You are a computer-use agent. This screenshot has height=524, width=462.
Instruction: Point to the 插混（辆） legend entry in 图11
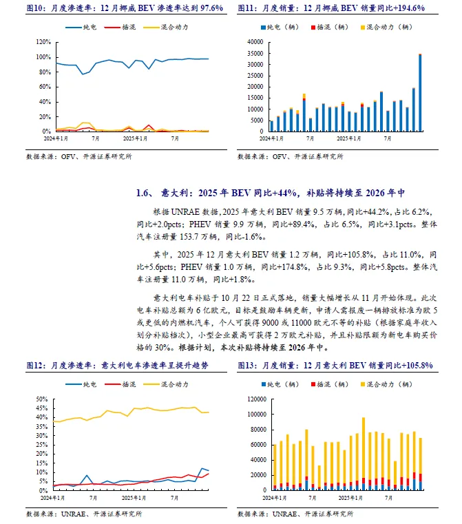point(333,27)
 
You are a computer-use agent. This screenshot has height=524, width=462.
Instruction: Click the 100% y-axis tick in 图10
point(43,41)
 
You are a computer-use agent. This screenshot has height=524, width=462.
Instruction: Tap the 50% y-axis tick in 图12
point(43,399)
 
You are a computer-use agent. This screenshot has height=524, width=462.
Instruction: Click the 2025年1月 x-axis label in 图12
point(132,496)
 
